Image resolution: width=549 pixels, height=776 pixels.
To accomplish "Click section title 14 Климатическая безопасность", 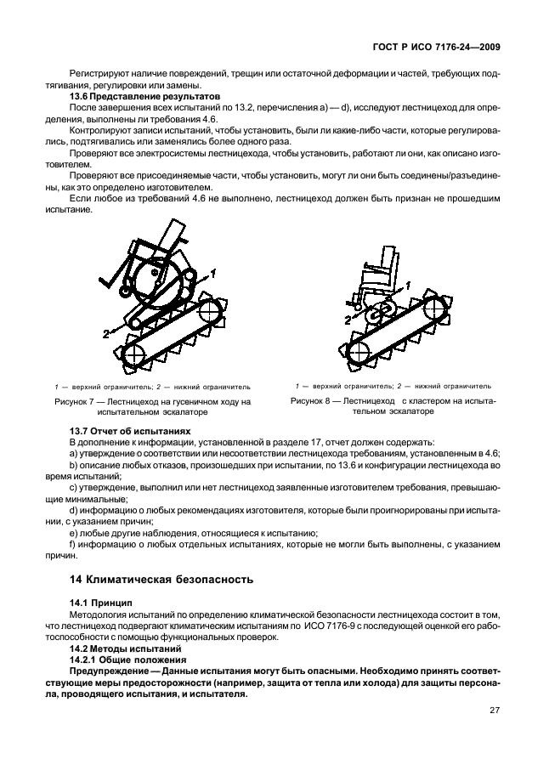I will tap(161, 581).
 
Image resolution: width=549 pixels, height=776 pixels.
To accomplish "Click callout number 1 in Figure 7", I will tap(213, 273).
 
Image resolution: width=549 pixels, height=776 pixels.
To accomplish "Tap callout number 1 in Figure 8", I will tap(409, 288).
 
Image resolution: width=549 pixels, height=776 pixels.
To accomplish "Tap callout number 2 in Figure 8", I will tap(347, 320).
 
